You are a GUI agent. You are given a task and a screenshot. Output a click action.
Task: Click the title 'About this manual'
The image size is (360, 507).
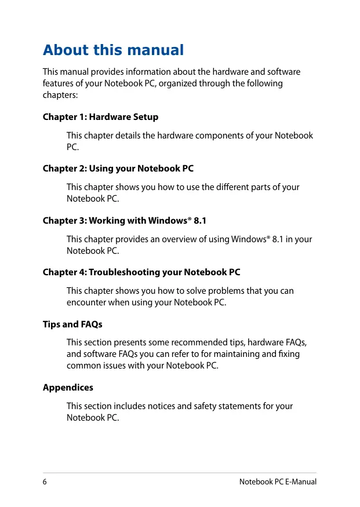(x=113, y=50)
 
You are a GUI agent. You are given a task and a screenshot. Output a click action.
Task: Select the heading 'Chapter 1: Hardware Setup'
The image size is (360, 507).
(x=100, y=117)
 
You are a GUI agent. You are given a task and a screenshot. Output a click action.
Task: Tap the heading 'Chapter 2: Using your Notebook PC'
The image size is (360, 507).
(x=118, y=169)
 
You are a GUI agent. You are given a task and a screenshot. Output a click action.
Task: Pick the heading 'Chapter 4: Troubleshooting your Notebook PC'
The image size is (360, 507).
(x=141, y=272)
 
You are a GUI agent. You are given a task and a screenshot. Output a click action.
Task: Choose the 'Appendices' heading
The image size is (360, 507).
(x=68, y=387)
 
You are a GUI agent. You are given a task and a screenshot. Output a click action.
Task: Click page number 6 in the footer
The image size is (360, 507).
(x=45, y=482)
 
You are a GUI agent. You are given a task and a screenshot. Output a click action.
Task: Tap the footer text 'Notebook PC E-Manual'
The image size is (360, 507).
(x=278, y=482)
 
